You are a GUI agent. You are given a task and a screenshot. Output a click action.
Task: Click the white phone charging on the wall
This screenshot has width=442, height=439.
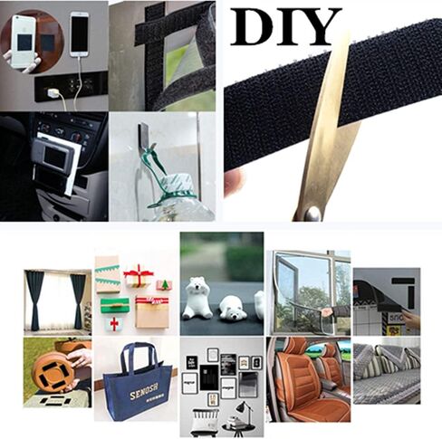(x=80, y=34)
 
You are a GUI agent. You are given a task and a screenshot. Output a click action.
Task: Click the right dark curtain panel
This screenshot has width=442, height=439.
(x=79, y=299)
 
